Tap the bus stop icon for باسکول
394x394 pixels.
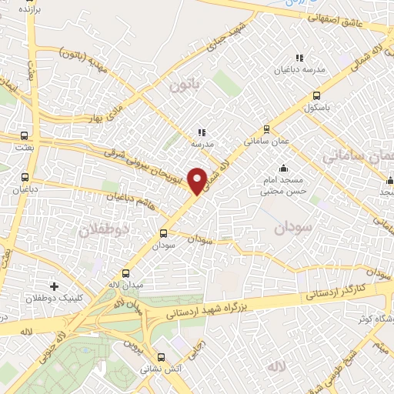pyautogui.click(x=317, y=96)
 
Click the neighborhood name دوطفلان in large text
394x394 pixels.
pyautogui.click(x=101, y=229)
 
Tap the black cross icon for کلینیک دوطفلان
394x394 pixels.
pyautogui.click(x=53, y=286)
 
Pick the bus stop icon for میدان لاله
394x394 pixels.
pyautogui.click(x=126, y=274)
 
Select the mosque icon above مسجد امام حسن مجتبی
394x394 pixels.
pyautogui.click(x=283, y=169)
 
